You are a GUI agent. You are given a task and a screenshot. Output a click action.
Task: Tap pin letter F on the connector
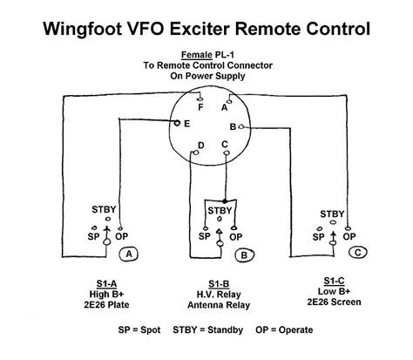tap(200, 109)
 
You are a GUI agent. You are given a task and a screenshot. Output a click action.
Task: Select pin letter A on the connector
tap(225, 109)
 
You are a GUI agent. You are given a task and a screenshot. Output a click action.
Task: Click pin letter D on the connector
tap(201, 145)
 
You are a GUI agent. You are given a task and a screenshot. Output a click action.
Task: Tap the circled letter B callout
tap(244, 254)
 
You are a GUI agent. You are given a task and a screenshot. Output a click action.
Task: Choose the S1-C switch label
tap(332, 278)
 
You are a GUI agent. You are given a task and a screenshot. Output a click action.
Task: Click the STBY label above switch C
tap(332, 214)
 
